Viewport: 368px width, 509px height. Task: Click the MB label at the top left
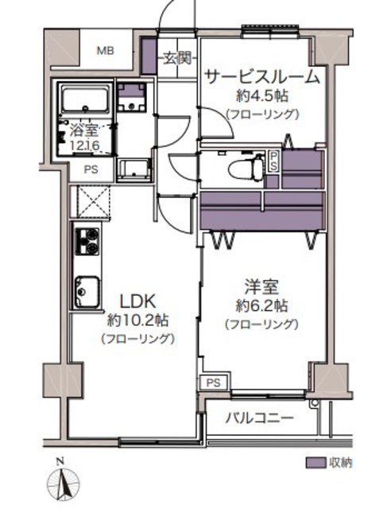point(105,51)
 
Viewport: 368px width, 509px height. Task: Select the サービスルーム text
point(261,77)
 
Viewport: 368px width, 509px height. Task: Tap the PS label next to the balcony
point(212,383)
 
